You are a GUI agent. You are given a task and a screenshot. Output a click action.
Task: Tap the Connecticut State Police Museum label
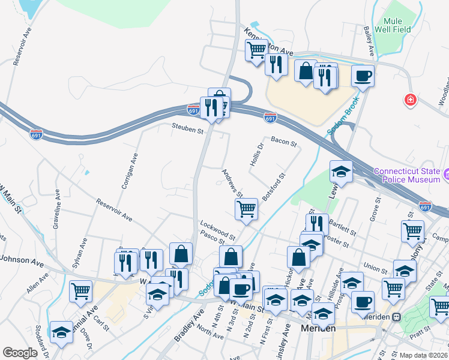pos(408,175)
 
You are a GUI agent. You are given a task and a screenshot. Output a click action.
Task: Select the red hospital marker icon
pos(411,100)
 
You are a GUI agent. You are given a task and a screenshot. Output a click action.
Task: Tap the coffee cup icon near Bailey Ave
pos(363,76)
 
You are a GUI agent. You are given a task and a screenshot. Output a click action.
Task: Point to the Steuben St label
pos(188,127)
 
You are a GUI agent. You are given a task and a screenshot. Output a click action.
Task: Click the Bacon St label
pos(283,143)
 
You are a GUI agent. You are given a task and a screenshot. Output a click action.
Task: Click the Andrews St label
pos(231,182)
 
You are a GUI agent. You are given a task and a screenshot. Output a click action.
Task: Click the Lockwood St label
pos(217,230)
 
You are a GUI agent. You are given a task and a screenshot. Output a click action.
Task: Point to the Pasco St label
pos(212,239)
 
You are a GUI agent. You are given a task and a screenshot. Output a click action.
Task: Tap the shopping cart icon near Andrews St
pos(246,209)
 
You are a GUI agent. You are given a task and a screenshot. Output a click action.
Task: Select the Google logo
pos(19,353)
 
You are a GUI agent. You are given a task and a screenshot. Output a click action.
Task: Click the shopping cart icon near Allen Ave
pos(80,292)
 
